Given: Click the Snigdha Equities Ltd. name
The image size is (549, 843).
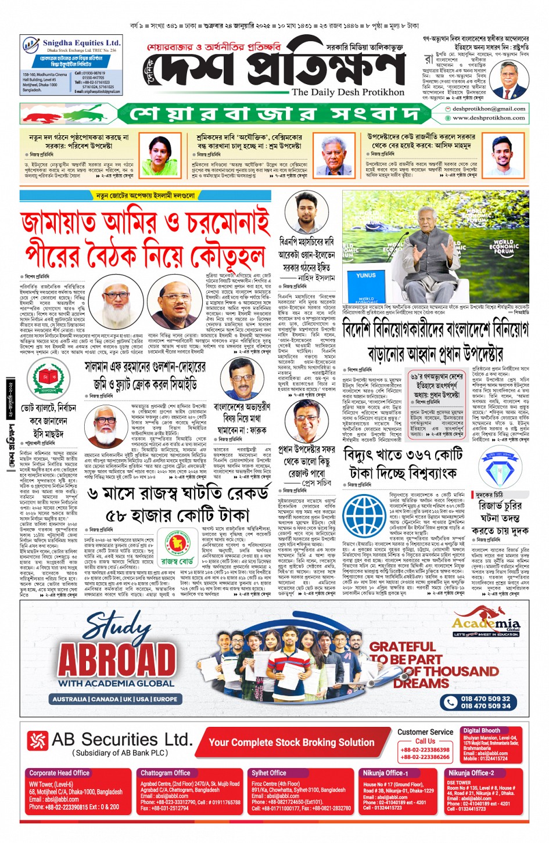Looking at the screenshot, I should (81, 43).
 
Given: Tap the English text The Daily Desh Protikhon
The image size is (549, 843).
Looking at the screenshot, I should (347, 92).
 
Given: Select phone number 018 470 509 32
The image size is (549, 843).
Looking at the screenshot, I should (485, 699).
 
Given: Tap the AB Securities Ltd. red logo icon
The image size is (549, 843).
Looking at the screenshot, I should (38, 740).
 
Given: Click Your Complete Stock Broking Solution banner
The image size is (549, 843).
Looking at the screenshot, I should (291, 743).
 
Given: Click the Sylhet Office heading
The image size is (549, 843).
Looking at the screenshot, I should (268, 773).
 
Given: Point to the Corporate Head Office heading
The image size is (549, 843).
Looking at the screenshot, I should (59, 773).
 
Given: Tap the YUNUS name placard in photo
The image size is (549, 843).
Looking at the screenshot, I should (366, 275).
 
